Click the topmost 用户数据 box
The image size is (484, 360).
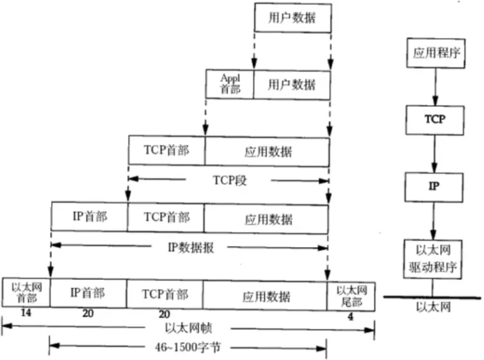(292, 19)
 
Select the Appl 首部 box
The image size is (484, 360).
(230, 84)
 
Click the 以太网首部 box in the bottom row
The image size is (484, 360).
(26, 293)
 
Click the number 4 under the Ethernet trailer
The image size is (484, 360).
(351, 317)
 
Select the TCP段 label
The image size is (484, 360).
(229, 180)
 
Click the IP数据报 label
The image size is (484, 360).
(190, 247)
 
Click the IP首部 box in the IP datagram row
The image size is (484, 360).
(89, 217)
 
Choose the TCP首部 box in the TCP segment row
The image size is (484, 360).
(166, 151)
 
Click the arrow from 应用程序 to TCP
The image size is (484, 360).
(435, 85)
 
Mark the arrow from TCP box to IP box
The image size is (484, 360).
(435, 152)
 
